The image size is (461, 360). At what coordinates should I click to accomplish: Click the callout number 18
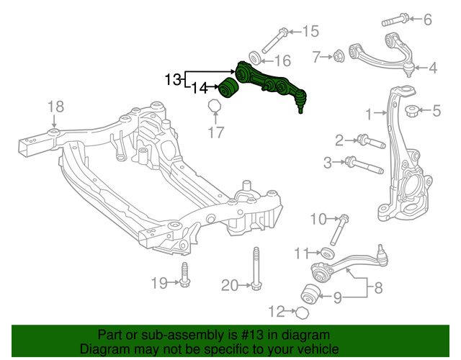tap(55, 108)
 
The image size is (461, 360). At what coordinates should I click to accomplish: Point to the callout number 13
tap(174, 78)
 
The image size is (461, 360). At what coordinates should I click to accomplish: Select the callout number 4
tap(432, 69)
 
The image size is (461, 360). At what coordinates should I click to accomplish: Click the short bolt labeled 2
tap(363, 140)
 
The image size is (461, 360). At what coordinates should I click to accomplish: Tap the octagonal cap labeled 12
tap(303, 312)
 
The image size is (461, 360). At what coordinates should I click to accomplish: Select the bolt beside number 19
tap(184, 274)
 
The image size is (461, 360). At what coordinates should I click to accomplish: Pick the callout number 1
tap(370, 114)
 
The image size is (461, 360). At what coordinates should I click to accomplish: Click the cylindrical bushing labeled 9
tap(310, 293)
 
